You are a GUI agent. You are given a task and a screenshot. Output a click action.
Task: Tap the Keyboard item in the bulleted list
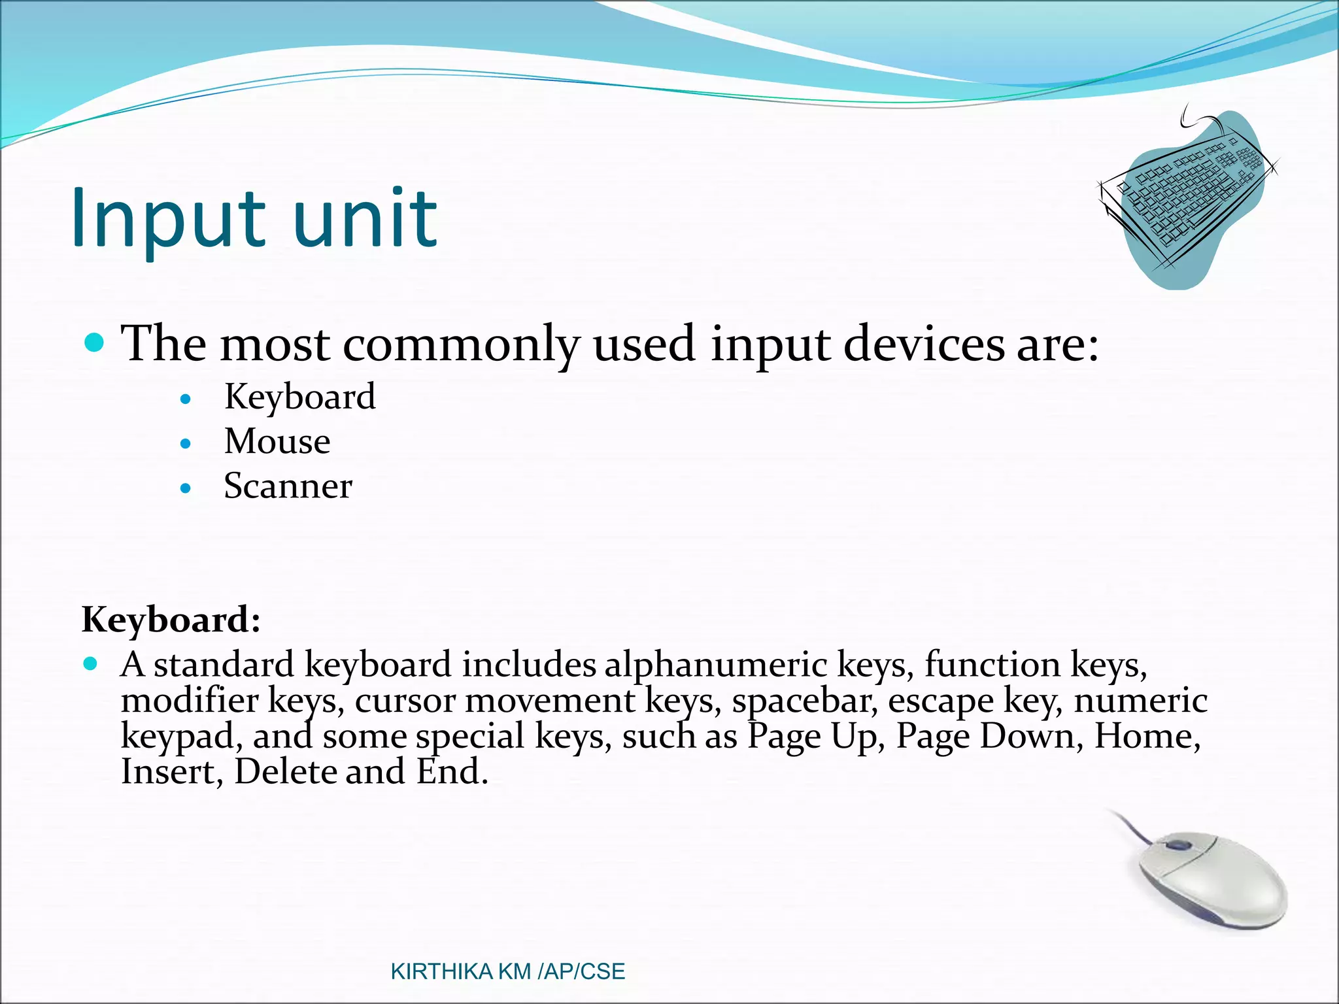tap(299, 397)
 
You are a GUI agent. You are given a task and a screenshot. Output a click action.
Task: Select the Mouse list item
tap(277, 441)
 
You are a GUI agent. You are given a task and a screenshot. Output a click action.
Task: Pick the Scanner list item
tap(288, 486)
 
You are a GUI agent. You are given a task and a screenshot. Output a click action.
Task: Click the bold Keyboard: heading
tap(171, 619)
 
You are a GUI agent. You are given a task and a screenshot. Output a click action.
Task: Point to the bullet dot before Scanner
tap(186, 488)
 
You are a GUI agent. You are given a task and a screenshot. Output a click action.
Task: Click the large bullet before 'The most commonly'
tap(95, 342)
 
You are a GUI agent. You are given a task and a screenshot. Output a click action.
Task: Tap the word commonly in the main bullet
tap(461, 344)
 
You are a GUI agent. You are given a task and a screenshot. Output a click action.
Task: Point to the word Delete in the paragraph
tap(286, 772)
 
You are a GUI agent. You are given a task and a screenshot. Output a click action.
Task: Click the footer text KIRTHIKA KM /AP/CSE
tap(507, 971)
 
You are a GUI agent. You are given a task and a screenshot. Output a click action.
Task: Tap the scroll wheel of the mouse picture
tap(1179, 845)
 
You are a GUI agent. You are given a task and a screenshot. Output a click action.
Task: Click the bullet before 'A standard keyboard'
tap(91, 664)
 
